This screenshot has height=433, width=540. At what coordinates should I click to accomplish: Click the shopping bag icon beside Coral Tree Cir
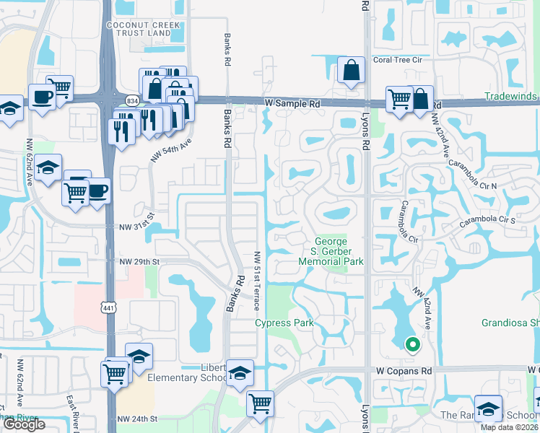351,71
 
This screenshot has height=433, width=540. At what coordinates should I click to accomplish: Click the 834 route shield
132,101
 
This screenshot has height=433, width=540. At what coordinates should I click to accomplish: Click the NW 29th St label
139,261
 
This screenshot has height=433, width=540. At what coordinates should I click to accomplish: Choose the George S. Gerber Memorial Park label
331,251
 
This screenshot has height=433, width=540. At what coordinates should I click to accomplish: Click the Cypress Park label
284,323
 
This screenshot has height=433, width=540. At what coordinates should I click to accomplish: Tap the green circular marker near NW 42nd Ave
412,344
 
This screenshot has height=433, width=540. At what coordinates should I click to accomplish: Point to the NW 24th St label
138,418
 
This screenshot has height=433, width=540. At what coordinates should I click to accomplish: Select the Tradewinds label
511,96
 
